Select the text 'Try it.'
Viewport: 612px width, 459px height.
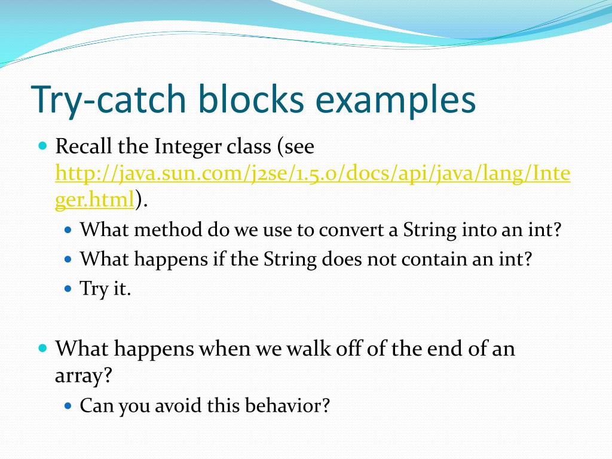(105, 289)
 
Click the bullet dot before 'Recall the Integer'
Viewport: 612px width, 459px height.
(42, 145)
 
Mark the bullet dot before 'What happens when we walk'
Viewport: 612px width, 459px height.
(42, 347)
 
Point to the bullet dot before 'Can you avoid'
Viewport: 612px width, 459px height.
(68, 406)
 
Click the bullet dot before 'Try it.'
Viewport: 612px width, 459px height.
(68, 289)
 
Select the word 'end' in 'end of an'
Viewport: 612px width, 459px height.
(437, 348)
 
